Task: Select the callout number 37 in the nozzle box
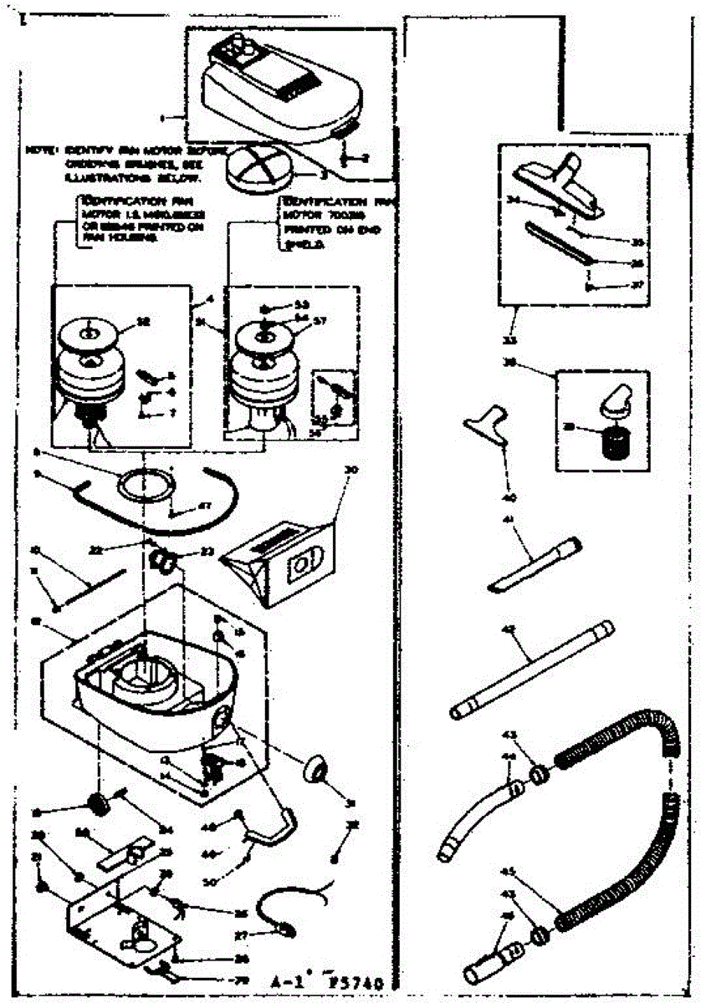[640, 285]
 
